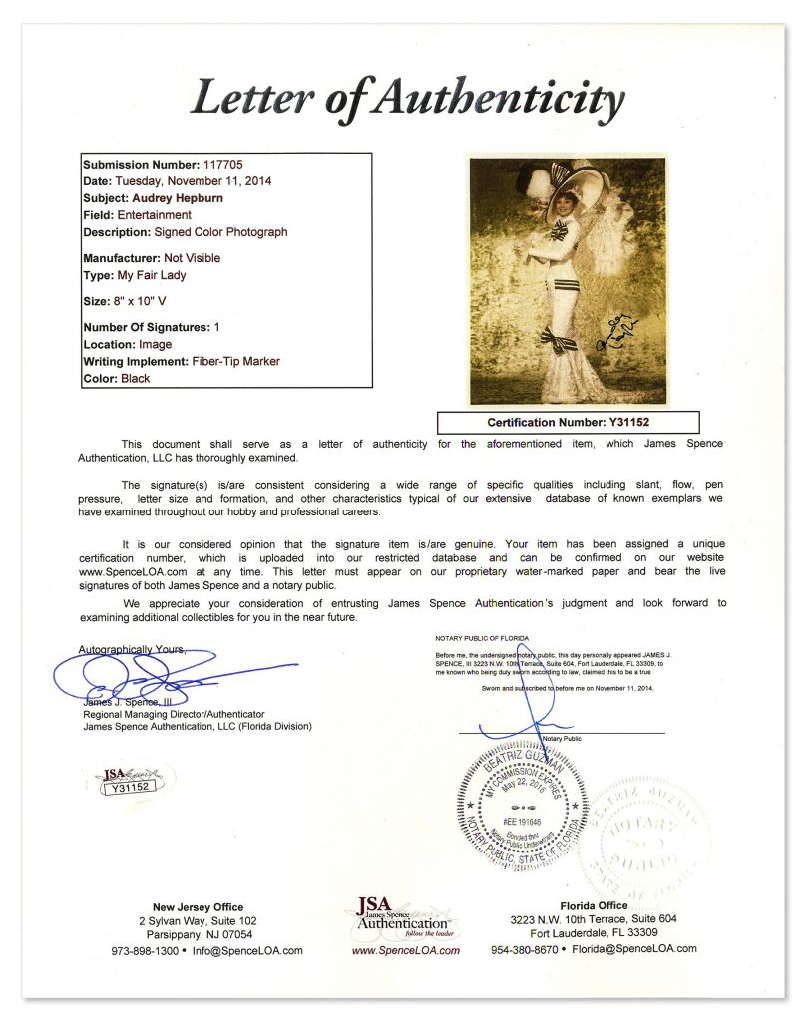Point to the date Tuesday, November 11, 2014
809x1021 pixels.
194,181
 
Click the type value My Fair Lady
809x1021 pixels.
151,275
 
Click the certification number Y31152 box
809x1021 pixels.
569,422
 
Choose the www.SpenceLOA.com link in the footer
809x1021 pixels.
405,950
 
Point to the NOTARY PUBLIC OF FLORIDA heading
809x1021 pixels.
482,637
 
